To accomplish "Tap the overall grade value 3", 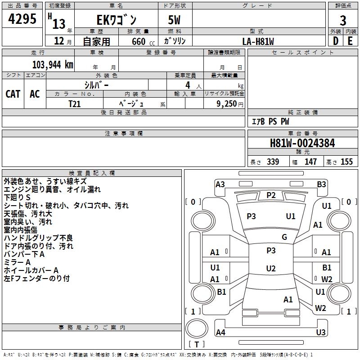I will pos(343,21).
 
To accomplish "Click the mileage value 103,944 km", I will pos(53,65).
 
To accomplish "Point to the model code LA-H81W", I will pos(258,41).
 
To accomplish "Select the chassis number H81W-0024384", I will pos(302,143).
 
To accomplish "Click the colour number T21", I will pos(75,104).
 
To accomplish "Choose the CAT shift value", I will pos(13,94).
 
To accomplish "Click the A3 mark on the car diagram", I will pos(220,184).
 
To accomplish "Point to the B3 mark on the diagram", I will pos(321,184).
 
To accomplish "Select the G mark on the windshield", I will pos(284,237).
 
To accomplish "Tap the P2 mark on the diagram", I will pos(271,195).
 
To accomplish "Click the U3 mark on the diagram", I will pos(320,333).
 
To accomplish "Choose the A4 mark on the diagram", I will pos(220,333).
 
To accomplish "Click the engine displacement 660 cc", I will pos(138,41).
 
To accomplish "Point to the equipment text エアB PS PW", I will pos(270,122).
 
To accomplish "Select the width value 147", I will pos(310,162).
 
